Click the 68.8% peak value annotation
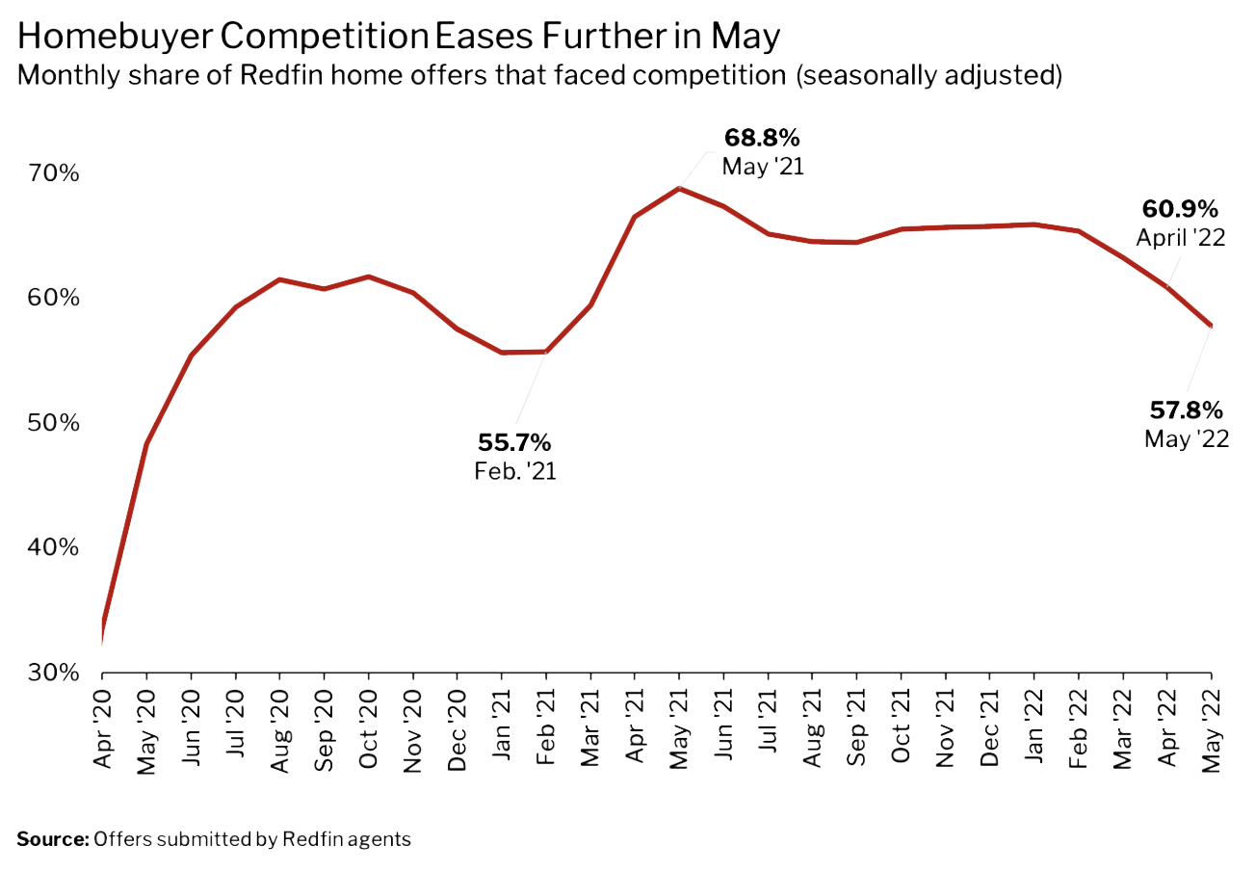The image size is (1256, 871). pyautogui.click(x=763, y=137)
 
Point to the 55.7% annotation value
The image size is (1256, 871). pyautogui.click(x=514, y=443)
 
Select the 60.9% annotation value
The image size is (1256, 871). pyautogui.click(x=1180, y=208)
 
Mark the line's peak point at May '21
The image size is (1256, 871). pyautogui.click(x=679, y=188)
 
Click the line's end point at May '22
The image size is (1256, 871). pyautogui.click(x=1211, y=326)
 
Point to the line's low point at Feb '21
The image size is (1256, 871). pyautogui.click(x=546, y=352)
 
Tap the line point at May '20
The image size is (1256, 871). pyautogui.click(x=146, y=443)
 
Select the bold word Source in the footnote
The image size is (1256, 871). pyautogui.click(x=52, y=839)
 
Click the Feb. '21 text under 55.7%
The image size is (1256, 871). pyautogui.click(x=515, y=472)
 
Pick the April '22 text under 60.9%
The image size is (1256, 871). pyautogui.click(x=1180, y=237)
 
